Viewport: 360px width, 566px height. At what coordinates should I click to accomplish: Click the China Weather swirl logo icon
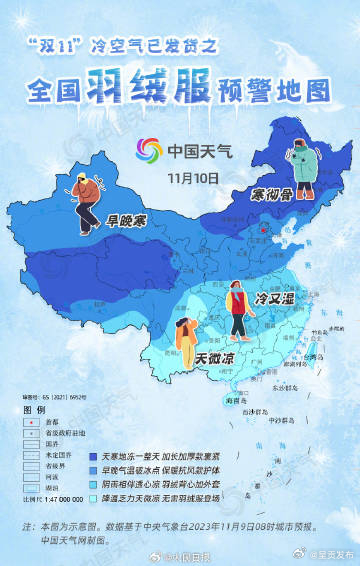click(x=149, y=153)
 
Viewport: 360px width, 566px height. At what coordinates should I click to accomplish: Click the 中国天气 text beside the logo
click(x=198, y=153)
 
